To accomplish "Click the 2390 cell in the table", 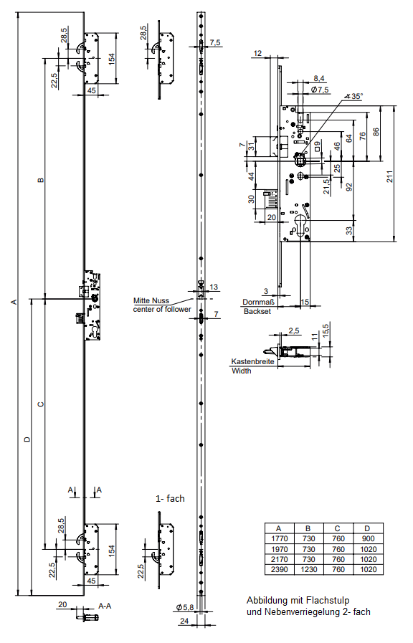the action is pyautogui.click(x=280, y=570).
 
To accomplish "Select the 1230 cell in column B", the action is pyautogui.click(x=308, y=570).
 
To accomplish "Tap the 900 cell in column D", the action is pyautogui.click(x=369, y=539).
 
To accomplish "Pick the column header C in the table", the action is pyautogui.click(x=338, y=528).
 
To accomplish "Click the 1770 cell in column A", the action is pyautogui.click(x=280, y=539).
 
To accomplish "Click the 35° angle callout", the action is pyautogui.click(x=354, y=96).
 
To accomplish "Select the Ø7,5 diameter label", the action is pyautogui.click(x=320, y=90).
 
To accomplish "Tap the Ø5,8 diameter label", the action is pyautogui.click(x=185, y=608).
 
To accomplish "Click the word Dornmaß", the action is pyautogui.click(x=258, y=303).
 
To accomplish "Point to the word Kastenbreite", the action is pyautogui.click(x=252, y=362).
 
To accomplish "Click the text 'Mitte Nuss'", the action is pyautogui.click(x=151, y=300).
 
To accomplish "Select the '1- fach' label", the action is pyautogui.click(x=170, y=499).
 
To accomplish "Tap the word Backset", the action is pyautogui.click(x=257, y=311).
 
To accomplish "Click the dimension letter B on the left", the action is pyautogui.click(x=40, y=180).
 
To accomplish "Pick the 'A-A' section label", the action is pyautogui.click(x=105, y=606).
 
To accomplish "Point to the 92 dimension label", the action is pyautogui.click(x=349, y=187).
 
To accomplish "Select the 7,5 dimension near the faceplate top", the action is pyautogui.click(x=215, y=42).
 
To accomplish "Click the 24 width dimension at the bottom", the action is pyautogui.click(x=184, y=621).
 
